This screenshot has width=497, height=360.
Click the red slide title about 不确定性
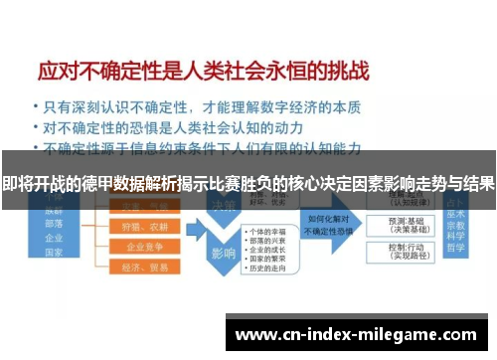[x=203, y=71]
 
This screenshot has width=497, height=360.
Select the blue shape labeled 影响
[x=222, y=253]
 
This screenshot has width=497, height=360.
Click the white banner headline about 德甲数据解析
[x=248, y=184]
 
